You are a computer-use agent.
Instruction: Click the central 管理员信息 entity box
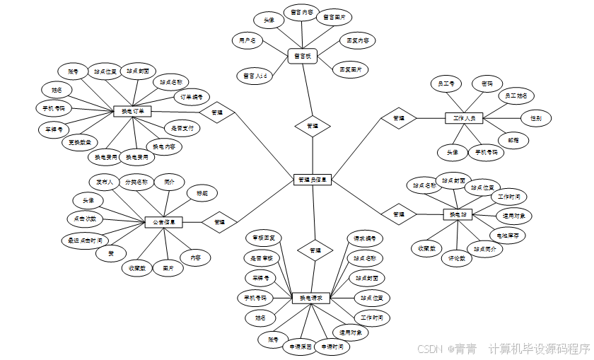(x=312, y=180)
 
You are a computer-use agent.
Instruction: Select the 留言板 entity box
(x=303, y=55)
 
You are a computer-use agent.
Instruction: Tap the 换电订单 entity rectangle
(x=133, y=111)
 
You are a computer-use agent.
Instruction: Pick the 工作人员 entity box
(x=464, y=117)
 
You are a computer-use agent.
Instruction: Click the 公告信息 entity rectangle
(x=164, y=222)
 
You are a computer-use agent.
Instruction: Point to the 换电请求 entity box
(x=311, y=298)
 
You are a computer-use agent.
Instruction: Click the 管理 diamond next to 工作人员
(x=399, y=118)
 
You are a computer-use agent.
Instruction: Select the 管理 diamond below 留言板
(x=312, y=126)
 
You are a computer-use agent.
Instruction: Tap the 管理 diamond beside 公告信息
(x=219, y=222)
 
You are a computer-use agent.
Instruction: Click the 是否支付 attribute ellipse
(x=182, y=129)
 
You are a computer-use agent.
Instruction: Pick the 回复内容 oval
(x=357, y=41)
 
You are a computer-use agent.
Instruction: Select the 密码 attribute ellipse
(x=487, y=83)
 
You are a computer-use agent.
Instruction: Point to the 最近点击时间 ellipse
(x=86, y=240)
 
